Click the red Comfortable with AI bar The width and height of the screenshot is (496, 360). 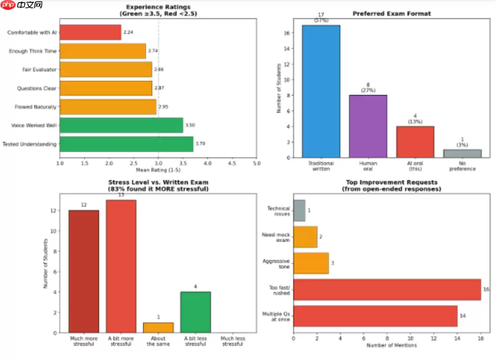pyautogui.click(x=90, y=32)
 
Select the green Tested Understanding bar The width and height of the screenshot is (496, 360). pyautogui.click(x=126, y=144)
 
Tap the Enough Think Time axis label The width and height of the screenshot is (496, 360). pyautogui.click(x=32, y=51)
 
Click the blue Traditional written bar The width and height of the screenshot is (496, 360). pyautogui.click(x=321, y=91)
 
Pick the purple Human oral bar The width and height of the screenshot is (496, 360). pyautogui.click(x=368, y=126)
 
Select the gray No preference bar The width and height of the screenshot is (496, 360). pyautogui.click(x=463, y=153)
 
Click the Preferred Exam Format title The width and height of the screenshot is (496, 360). pyautogui.click(x=392, y=14)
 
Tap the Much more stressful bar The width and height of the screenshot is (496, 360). pyautogui.click(x=84, y=271)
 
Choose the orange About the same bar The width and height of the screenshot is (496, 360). pyautogui.click(x=158, y=328)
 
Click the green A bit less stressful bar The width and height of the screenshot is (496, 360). pyautogui.click(x=195, y=312)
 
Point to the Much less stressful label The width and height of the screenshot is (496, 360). pyautogui.click(x=232, y=341)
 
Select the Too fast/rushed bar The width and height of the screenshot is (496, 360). pyautogui.click(x=387, y=290)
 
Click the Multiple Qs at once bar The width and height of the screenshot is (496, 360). pyautogui.click(x=375, y=316)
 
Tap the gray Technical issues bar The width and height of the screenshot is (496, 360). pyautogui.click(x=299, y=210)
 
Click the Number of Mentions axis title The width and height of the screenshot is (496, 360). pyautogui.click(x=391, y=345)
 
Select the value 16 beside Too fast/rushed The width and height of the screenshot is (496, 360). pyautogui.click(x=486, y=290)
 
